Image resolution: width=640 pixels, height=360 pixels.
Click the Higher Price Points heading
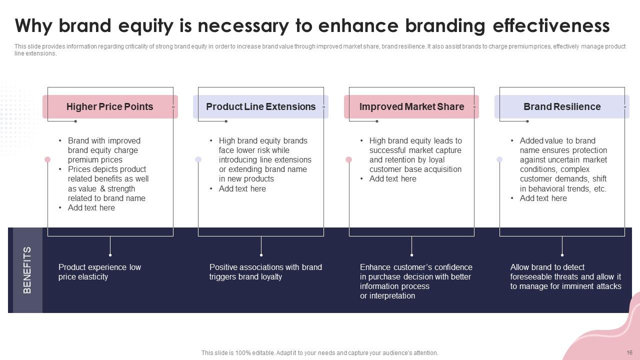tap(109, 106)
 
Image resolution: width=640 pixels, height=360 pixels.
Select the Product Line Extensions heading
tap(260, 106)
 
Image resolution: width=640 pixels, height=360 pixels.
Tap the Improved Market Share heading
tap(411, 106)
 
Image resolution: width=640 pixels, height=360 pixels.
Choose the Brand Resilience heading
tap(562, 106)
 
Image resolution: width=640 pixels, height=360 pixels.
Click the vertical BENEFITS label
tap(27, 270)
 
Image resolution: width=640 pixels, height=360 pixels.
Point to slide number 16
tap(629, 352)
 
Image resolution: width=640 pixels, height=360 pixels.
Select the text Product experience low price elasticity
tap(99, 272)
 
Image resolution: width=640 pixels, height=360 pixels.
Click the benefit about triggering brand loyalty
tap(265, 272)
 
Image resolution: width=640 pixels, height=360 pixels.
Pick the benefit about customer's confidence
tap(416, 281)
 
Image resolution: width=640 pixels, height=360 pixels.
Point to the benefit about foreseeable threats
tap(565, 276)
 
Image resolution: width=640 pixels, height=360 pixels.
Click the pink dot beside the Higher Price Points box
tap(47, 159)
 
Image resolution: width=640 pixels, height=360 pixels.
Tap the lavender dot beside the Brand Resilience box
tap(499, 159)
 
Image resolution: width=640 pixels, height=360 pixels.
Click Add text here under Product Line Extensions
tap(242, 188)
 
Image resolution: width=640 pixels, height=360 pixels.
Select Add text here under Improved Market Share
tap(392, 179)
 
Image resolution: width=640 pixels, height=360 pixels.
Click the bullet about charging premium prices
tap(103, 150)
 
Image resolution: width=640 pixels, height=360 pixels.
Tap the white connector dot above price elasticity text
tap(110, 254)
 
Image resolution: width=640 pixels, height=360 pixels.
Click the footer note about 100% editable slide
tap(319, 353)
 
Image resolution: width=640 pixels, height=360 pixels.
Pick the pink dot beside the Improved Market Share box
tap(348, 159)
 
